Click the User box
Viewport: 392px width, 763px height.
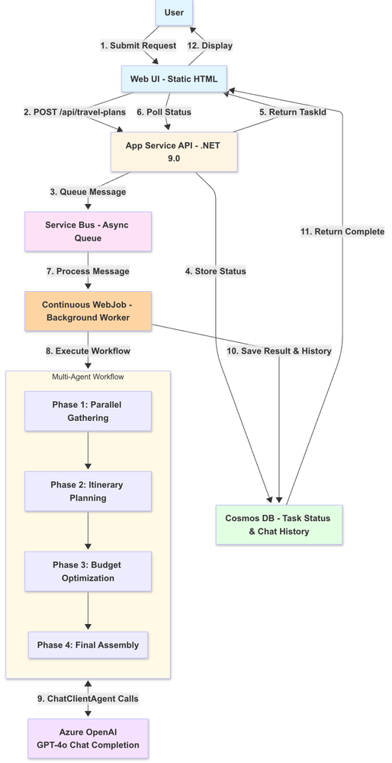pos(174,12)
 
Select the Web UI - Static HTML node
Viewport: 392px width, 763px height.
pos(174,79)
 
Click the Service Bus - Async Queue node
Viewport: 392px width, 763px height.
pos(88,231)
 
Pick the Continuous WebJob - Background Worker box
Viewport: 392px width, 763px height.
pos(88,310)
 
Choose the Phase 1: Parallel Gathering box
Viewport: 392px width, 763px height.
pos(88,412)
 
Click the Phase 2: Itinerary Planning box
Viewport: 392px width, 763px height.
pos(88,491)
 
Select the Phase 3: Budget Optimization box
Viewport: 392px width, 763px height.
pos(88,571)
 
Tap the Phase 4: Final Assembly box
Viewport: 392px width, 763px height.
pos(88,645)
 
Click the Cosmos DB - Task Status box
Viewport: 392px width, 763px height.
pos(278,524)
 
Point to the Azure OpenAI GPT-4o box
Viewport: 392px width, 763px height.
pos(88,739)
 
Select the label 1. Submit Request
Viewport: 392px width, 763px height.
pos(139,46)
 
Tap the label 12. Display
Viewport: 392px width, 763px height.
pos(211,46)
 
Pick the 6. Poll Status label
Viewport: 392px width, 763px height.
pos(163,112)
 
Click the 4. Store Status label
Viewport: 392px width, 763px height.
pos(216,270)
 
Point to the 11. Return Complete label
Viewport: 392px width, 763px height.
pos(342,231)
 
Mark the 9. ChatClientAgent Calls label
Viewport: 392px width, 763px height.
pos(88,698)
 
